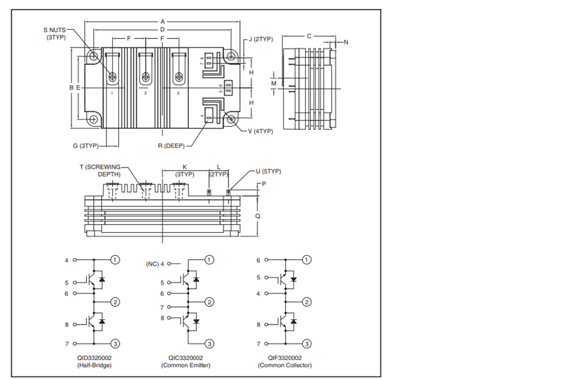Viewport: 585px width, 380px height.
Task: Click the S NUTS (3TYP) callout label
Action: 54,33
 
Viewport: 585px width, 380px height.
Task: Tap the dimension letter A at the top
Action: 163,22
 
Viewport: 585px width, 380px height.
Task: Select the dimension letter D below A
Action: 163,29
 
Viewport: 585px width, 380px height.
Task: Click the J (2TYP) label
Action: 261,39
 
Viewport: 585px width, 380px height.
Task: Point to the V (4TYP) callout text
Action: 260,132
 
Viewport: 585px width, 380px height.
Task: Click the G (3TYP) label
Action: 86,146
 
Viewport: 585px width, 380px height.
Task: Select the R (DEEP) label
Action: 171,146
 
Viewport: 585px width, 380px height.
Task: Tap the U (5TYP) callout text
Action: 268,171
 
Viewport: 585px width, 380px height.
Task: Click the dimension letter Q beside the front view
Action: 257,216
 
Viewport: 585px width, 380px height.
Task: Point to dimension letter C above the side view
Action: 309,36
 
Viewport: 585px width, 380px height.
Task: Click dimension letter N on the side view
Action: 346,42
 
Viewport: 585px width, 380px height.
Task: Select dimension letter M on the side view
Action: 274,83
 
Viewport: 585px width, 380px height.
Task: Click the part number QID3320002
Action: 94,358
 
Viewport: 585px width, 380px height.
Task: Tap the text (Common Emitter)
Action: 186,365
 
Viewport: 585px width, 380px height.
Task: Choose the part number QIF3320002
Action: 285,358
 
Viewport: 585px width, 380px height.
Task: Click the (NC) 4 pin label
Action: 155,264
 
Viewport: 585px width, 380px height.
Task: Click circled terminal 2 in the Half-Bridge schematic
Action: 115,302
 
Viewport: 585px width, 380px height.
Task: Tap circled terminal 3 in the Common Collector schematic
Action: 307,344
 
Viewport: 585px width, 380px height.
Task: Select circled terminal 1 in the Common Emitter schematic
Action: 209,260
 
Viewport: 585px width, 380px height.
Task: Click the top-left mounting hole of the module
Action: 93,57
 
